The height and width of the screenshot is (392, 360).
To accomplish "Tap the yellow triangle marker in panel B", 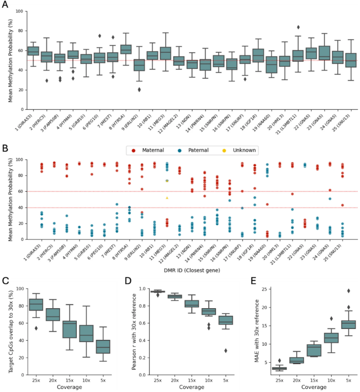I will point(167,198).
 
